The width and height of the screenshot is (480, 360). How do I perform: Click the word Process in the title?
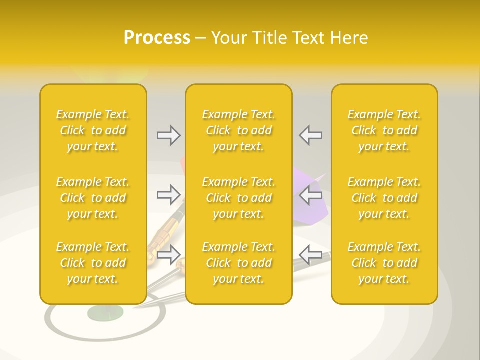(x=157, y=38)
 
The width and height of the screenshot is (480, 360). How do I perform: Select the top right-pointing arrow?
(x=168, y=135)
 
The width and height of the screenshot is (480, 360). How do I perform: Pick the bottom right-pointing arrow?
(x=168, y=255)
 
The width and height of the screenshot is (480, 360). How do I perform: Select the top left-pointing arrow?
(x=310, y=135)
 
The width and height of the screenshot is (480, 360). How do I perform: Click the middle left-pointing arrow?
(x=310, y=195)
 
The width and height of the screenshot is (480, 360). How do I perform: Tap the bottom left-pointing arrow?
(x=310, y=254)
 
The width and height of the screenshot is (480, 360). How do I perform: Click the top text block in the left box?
(x=93, y=130)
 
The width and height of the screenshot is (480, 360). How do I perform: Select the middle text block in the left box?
(x=93, y=198)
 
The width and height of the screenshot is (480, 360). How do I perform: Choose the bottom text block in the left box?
(x=93, y=263)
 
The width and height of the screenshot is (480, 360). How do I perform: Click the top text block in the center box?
(x=239, y=130)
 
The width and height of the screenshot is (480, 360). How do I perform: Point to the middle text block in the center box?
(x=239, y=198)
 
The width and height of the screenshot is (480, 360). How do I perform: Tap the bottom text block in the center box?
(x=239, y=263)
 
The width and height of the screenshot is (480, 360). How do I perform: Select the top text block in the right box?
(x=384, y=130)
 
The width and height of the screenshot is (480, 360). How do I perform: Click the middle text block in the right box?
(x=384, y=198)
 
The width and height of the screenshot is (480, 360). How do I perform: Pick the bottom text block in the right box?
(x=384, y=263)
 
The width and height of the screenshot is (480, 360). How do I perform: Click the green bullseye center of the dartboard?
(x=105, y=313)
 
